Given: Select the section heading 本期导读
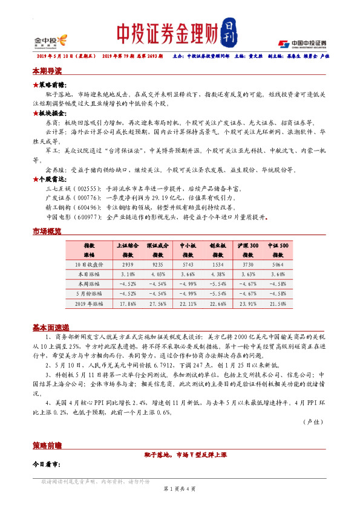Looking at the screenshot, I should (47, 71).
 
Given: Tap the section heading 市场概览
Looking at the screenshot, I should (47, 232).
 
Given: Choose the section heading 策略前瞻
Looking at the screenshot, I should (47, 445).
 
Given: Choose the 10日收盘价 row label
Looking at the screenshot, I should (89, 265).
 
